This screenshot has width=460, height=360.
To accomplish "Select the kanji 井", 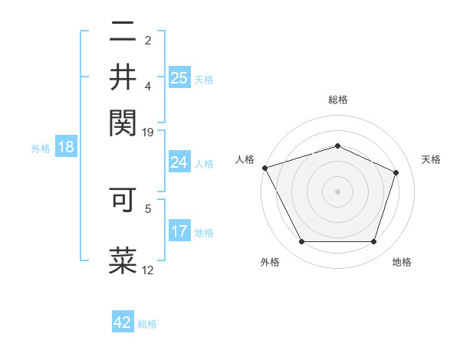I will click(x=123, y=77).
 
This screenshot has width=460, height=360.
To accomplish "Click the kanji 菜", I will click(x=123, y=259).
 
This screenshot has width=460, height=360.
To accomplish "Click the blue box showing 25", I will click(x=179, y=78).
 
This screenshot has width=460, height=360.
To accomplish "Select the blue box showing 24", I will click(x=179, y=162).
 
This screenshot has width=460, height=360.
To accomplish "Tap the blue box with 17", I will click(x=179, y=231).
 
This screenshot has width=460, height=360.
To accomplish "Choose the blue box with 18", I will click(x=66, y=148).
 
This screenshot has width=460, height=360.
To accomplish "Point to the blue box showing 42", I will click(x=123, y=322).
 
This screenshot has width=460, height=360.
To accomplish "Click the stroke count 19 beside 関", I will click(x=148, y=133).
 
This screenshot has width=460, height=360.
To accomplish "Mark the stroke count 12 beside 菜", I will click(x=148, y=270).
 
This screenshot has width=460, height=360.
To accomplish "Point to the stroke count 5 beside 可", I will click(x=149, y=207).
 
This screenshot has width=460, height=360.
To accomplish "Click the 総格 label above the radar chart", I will click(x=337, y=100).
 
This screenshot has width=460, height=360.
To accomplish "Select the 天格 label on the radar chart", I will click(x=431, y=159).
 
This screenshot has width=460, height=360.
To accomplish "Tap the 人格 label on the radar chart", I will click(x=245, y=159).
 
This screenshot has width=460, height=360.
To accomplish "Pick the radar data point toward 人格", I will click(x=264, y=168).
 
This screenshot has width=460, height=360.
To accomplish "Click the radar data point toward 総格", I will click(x=337, y=146).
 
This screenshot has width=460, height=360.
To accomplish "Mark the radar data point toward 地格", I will click(x=373, y=242).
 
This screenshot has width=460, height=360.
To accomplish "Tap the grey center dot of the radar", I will click(x=337, y=191).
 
